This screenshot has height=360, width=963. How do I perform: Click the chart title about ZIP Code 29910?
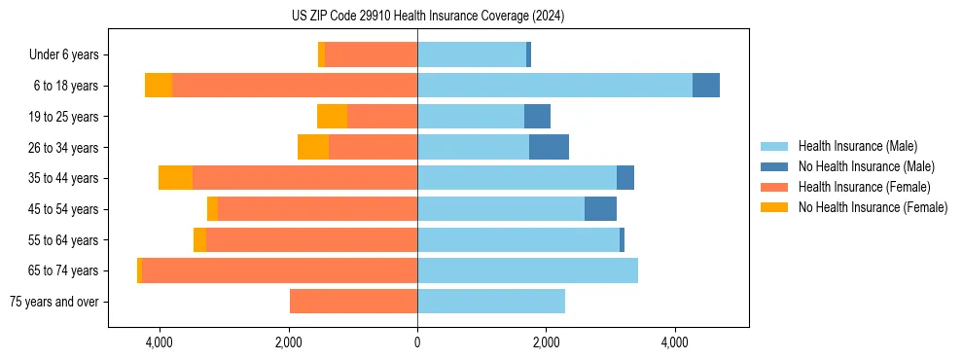point(427,17)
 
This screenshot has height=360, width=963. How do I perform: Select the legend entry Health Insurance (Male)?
point(857,146)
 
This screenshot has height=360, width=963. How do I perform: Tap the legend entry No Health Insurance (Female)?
point(873,207)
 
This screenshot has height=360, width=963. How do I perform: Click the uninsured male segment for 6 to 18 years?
point(706,86)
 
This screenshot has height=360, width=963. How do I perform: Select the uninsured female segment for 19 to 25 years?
point(333,117)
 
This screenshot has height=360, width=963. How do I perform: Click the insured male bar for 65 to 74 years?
point(527,270)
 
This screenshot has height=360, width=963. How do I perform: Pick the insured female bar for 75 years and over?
point(353,302)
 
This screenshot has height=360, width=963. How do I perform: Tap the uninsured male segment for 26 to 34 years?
point(549,147)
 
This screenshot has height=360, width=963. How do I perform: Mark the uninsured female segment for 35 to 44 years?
point(175,178)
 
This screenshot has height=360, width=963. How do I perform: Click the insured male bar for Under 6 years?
point(472,55)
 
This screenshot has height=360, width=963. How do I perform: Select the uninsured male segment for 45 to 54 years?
point(600,209)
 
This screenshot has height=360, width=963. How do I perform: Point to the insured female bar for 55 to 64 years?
point(311,239)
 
